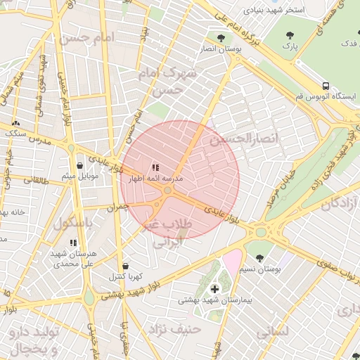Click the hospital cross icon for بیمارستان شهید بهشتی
tap(214, 288)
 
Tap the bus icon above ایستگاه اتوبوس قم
tap(325, 86)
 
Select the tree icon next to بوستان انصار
tap(221, 39)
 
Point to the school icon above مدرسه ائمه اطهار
tap(155, 167)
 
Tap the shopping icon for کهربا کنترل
tap(125, 266)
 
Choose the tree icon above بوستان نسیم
tap(260, 258)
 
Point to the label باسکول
tap(74, 224)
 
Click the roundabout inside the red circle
tap(167, 190)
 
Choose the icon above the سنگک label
tap(15, 123)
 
